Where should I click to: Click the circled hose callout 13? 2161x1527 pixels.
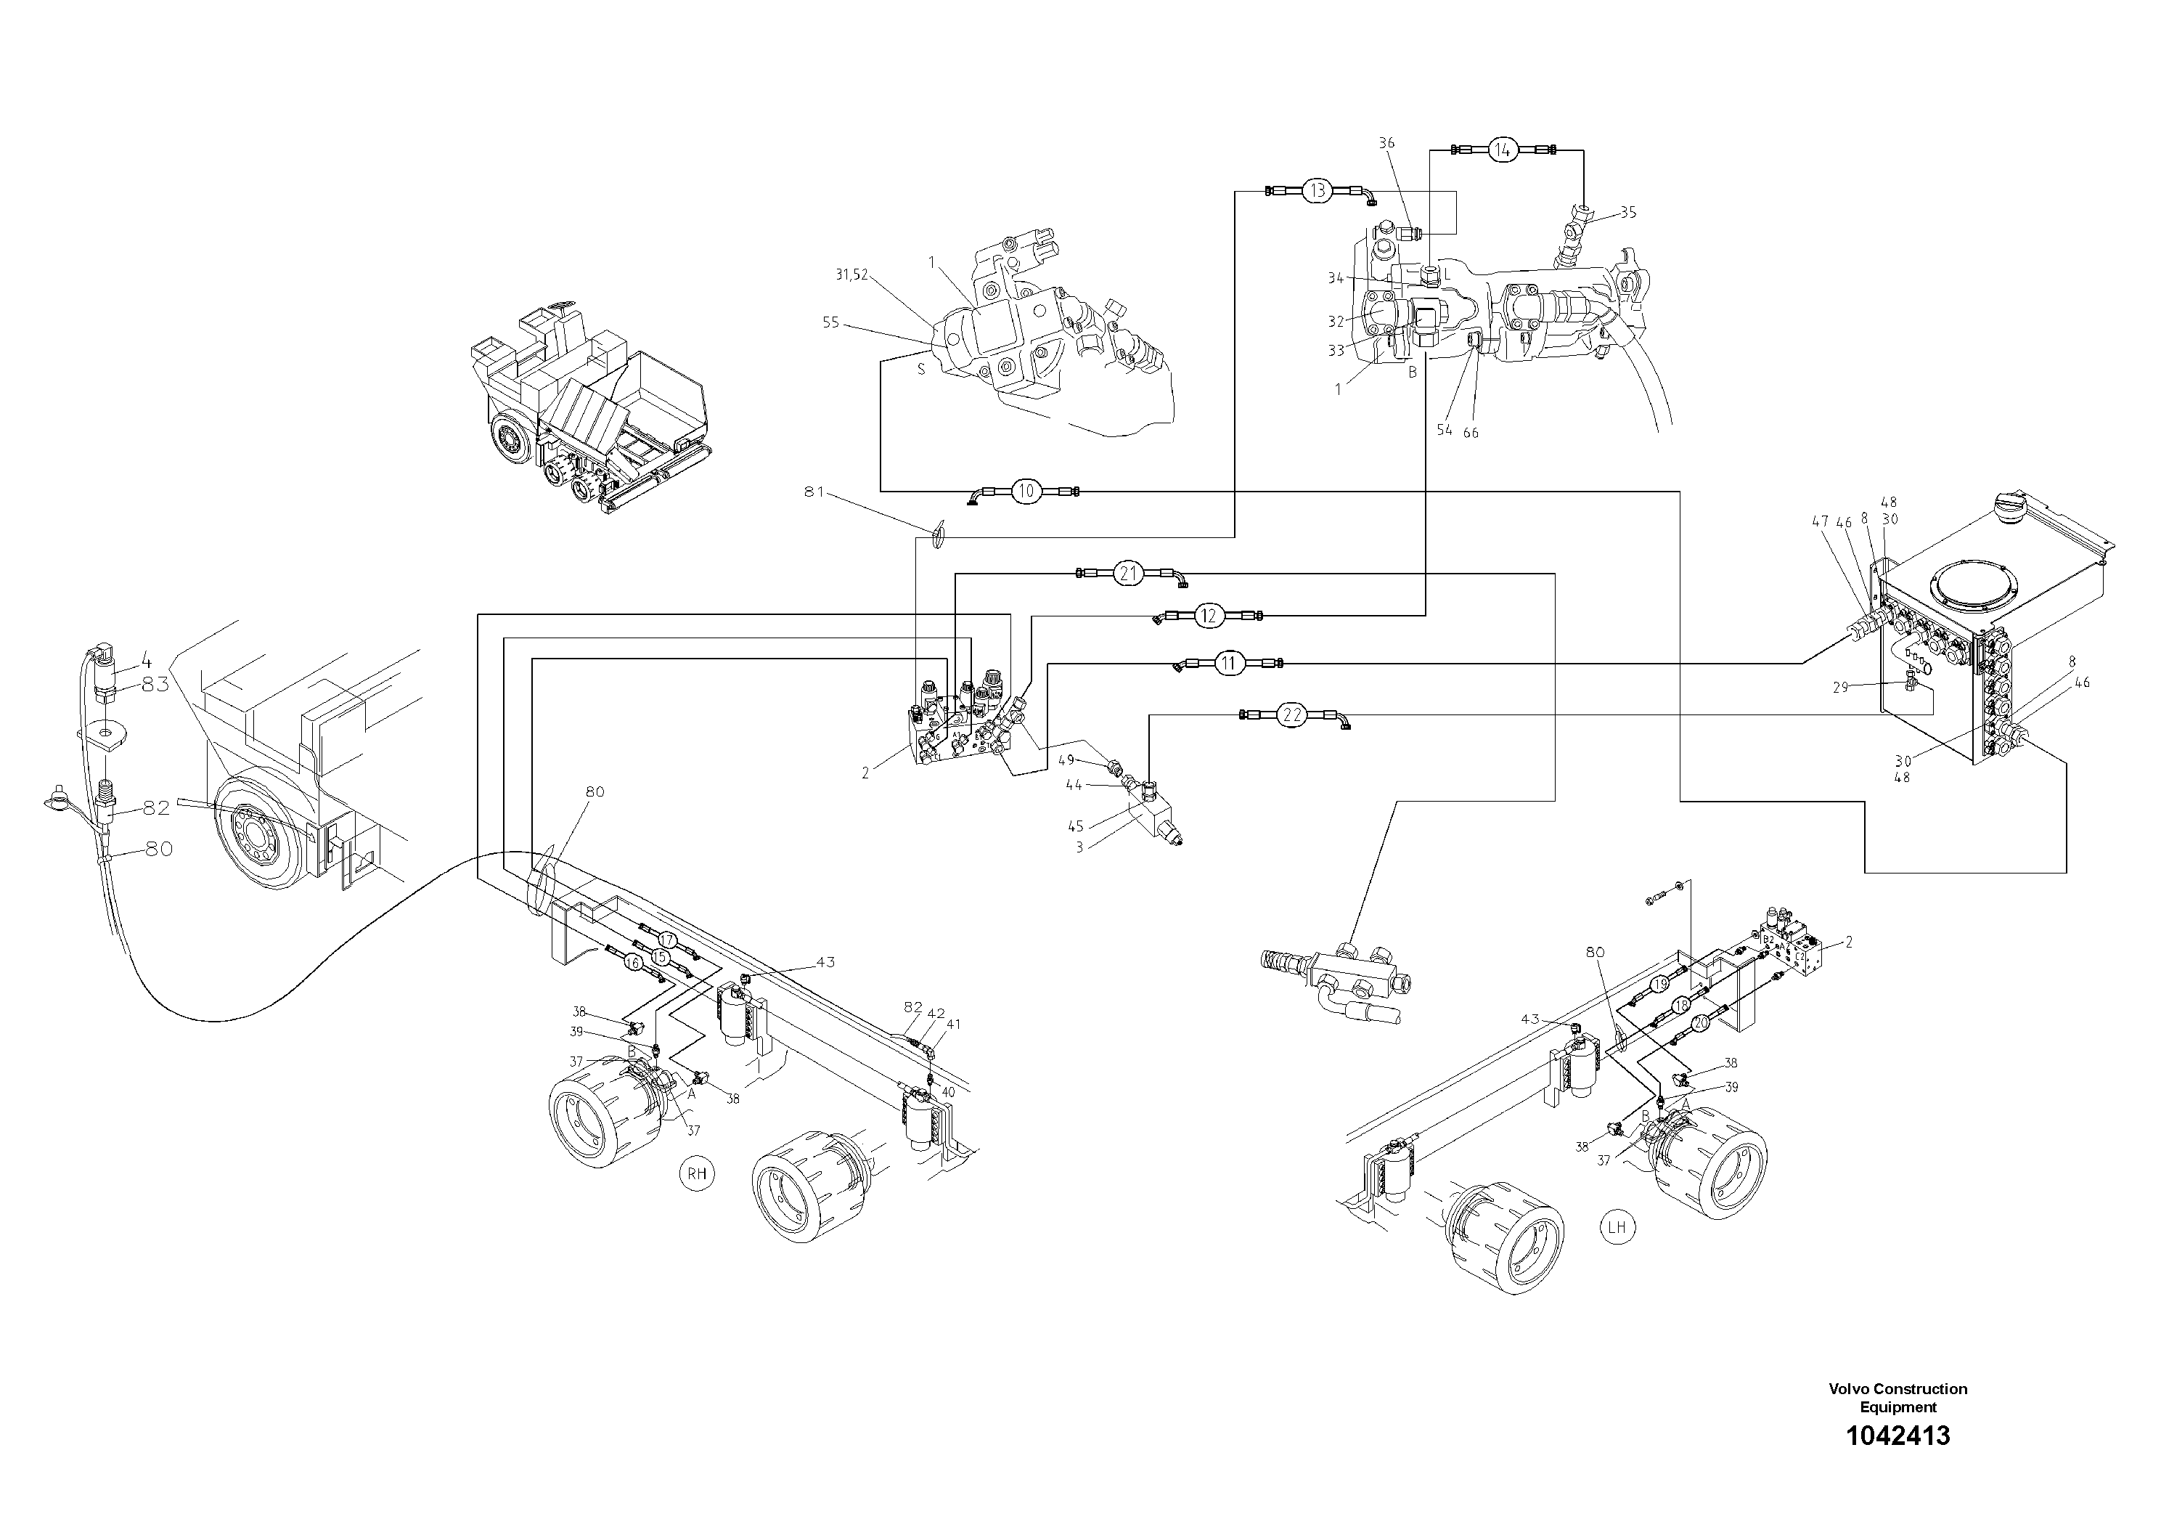[x=1317, y=191]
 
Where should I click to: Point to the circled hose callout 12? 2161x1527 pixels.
[x=1209, y=616]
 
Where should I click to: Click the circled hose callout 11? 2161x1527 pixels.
[x=1228, y=664]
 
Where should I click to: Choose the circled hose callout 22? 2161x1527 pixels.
[x=1292, y=715]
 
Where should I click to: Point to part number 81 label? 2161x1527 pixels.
[x=814, y=492]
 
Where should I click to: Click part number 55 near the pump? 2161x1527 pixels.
[x=830, y=322]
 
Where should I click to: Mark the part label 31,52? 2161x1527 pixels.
[x=851, y=275]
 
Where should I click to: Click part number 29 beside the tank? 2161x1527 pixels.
[x=1841, y=687]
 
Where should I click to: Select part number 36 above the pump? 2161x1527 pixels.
[x=1386, y=143]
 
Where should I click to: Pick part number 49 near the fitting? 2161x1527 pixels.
[x=1066, y=760]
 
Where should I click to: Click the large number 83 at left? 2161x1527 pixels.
[x=155, y=685]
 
